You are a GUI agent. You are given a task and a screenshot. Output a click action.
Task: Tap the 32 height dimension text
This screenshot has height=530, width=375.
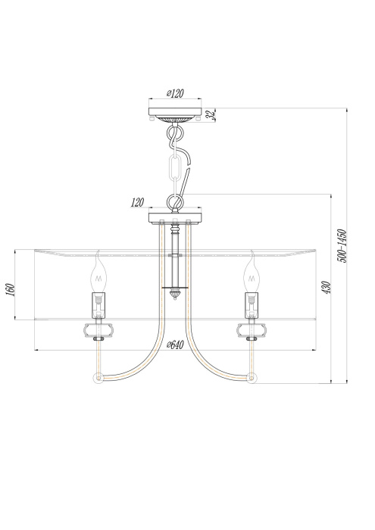215,116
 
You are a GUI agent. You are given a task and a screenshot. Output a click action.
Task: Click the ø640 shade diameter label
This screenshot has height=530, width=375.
175,344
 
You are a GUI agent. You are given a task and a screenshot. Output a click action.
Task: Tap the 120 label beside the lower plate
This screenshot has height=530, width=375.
137,203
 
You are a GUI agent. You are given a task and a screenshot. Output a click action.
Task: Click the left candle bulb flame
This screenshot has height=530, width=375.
98,273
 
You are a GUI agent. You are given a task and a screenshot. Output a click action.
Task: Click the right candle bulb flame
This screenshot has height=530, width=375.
251,273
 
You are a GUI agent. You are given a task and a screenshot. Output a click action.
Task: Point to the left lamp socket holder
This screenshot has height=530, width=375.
98,305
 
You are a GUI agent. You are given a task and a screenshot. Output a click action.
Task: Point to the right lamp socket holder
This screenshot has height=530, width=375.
251,305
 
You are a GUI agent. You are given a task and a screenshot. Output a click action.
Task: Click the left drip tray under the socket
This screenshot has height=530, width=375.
98,329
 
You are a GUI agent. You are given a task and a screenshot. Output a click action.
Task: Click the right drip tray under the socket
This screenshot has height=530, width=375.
251,329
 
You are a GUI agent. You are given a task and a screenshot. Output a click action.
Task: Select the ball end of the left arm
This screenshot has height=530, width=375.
96,377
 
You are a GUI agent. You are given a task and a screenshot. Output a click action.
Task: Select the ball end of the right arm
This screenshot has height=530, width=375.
253,377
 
